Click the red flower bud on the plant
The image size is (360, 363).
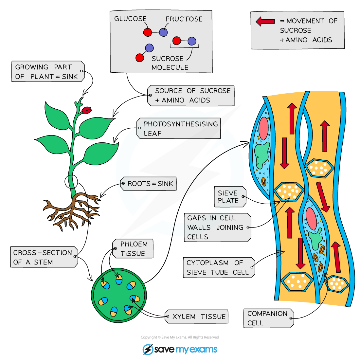click(86, 110)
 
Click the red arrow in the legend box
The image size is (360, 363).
click(265, 22)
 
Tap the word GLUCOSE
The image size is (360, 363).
click(130, 19)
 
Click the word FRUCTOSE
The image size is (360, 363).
click(184, 19)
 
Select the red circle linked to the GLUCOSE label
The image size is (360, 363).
click(148, 32)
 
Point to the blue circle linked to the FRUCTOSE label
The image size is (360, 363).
click(163, 32)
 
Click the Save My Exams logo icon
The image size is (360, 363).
click(148, 350)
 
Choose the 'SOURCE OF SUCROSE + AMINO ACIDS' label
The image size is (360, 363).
click(191, 96)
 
